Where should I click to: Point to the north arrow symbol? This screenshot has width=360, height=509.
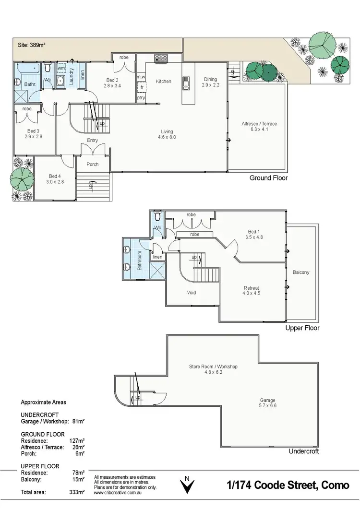tap(188, 485)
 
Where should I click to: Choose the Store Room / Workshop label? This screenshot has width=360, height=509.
tap(213, 369)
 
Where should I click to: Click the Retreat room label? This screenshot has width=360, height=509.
tap(252, 291)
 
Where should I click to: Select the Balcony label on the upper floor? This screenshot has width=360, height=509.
tap(301, 272)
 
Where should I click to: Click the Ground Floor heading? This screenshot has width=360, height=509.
tap(268, 178)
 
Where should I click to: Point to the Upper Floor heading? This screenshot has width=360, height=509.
tap(302, 328)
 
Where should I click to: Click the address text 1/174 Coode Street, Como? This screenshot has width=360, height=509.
tap(288, 485)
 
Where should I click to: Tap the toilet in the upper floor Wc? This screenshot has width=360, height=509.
tap(158, 213)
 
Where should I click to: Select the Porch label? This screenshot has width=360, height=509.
tap(92, 164)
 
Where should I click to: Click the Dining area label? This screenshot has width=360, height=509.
tap(210, 82)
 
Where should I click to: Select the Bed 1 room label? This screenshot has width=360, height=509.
tap(254, 234)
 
